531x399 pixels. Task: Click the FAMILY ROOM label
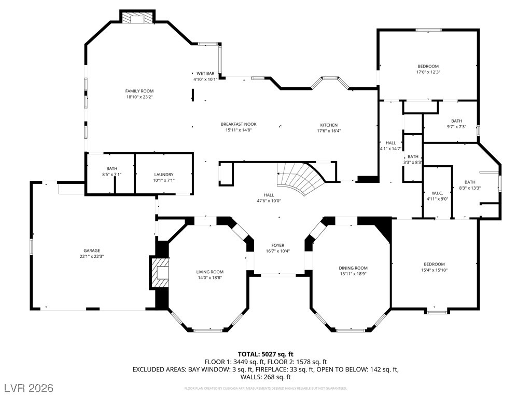point(139,91)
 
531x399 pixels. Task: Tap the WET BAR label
point(205,73)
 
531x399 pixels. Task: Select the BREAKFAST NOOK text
point(239,124)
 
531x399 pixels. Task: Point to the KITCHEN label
point(329,125)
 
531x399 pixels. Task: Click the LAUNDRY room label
point(164,175)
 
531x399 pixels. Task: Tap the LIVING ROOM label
point(209,272)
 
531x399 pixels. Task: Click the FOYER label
point(278,245)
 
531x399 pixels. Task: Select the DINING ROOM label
point(353,268)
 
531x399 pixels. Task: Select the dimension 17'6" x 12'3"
point(428,72)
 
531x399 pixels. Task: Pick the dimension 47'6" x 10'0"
point(269,201)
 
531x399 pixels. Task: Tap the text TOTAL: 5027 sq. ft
point(265,354)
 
